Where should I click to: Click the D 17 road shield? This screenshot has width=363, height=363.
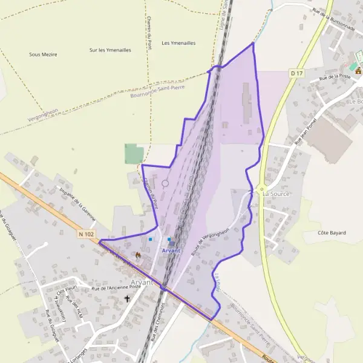point(296,73)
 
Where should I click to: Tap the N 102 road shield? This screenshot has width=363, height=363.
point(87,233)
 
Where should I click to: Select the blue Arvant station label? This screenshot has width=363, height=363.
point(171,250)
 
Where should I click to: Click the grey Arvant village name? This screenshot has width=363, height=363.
point(142,283)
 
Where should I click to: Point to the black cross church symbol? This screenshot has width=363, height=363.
point(127,299)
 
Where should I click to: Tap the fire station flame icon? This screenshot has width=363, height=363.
point(139,256)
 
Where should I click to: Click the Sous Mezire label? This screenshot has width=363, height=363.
point(43,54)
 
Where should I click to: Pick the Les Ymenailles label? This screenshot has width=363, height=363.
point(178,43)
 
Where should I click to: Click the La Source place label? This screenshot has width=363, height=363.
point(276,194)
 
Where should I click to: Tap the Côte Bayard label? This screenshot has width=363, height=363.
point(331,232)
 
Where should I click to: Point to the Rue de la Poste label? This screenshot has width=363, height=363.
point(335,77)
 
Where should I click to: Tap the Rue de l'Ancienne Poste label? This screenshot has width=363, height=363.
point(116,287)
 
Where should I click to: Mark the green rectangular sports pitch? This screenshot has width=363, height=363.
point(134,154)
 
